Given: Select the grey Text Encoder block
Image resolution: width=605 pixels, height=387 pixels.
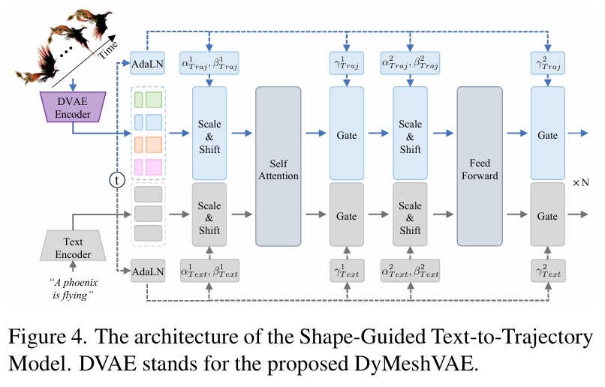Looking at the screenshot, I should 72,247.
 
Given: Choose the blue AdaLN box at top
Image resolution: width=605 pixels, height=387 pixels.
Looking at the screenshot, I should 147,64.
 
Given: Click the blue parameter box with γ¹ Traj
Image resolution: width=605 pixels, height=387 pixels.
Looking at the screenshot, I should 346,64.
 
